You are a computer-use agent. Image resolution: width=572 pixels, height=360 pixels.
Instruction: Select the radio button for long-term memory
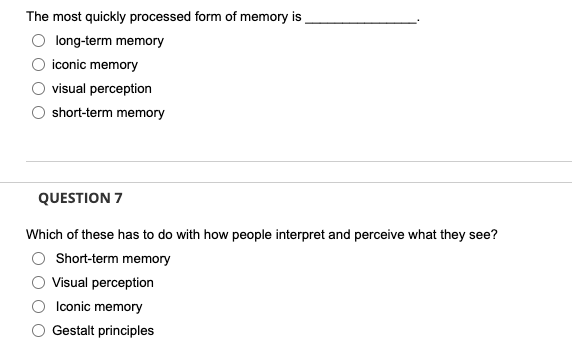pyautogui.click(x=38, y=41)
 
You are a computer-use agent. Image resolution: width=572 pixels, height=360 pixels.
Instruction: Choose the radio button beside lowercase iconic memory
pyautogui.click(x=38, y=65)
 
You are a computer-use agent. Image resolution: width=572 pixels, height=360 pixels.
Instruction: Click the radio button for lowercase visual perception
pyautogui.click(x=38, y=89)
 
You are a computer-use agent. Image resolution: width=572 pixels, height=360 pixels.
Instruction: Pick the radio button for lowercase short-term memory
pyautogui.click(x=38, y=113)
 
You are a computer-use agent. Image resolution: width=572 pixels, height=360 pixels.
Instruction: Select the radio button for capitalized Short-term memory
pyautogui.click(x=38, y=259)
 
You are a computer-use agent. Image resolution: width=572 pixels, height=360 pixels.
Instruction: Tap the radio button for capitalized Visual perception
pyautogui.click(x=38, y=283)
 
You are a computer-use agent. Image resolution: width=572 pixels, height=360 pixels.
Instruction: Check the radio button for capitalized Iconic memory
pyautogui.click(x=38, y=307)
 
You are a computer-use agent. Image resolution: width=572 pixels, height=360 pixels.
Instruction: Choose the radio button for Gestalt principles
pyautogui.click(x=38, y=331)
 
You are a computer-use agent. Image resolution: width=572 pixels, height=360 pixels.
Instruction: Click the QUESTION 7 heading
pyautogui.click(x=79, y=197)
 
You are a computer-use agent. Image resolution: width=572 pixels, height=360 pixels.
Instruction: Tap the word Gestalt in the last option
pyautogui.click(x=74, y=331)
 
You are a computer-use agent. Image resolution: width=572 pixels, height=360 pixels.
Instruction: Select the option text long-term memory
pyautogui.click(x=110, y=41)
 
